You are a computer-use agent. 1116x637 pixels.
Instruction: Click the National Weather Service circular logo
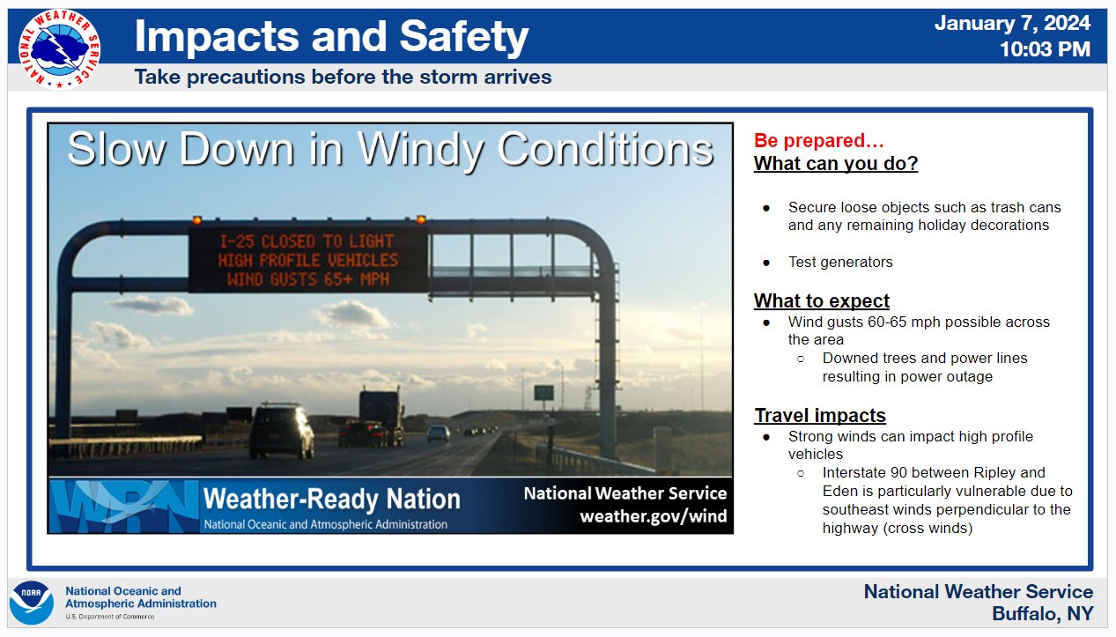pos(59,49)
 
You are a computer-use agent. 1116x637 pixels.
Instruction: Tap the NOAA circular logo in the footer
pos(32,603)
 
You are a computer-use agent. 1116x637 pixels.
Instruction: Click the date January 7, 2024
pos(1012,24)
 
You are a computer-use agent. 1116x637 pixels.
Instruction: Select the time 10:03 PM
pos(1045,49)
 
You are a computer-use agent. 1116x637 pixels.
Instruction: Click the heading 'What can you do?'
pos(836,164)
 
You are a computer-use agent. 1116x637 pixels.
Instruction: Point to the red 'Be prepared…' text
pos(818,141)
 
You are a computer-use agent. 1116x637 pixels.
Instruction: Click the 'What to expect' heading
pos(821,301)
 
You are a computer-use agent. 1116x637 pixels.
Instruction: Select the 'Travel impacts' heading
pos(820,415)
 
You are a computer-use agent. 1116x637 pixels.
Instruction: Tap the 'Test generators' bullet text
pos(840,263)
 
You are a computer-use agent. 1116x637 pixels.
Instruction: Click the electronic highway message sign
pos(308,260)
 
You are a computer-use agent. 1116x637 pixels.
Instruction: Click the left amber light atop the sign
pos(197,219)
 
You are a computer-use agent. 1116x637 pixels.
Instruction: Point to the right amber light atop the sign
pos(421,219)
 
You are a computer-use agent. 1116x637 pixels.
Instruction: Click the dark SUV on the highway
pos(282,431)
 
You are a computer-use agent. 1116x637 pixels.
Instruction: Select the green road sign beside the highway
pos(543,392)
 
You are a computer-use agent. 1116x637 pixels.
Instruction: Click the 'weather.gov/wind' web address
pos(654,516)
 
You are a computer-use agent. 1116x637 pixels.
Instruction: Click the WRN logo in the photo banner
pos(124,506)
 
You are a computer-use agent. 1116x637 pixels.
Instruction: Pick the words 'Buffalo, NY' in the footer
pos(1042,613)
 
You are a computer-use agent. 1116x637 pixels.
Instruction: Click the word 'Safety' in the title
pos(464,36)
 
